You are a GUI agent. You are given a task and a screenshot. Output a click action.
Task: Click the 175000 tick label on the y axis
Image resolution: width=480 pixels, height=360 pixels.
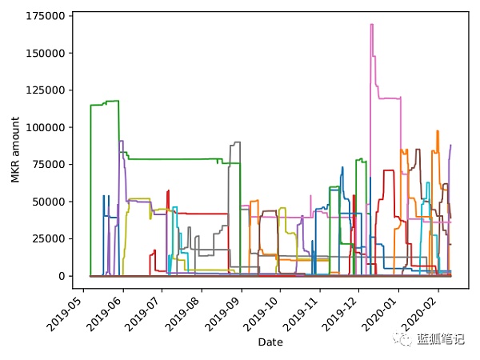point(46,16)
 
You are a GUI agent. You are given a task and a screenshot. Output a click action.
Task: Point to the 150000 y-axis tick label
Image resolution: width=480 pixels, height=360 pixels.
point(46,53)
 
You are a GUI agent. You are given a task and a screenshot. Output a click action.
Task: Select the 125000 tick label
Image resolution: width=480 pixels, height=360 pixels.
point(46,90)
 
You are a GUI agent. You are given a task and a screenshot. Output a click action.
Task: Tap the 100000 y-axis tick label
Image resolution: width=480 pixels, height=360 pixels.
point(46,127)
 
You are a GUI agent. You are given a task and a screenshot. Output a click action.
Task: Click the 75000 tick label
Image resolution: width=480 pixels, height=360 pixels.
point(49,164)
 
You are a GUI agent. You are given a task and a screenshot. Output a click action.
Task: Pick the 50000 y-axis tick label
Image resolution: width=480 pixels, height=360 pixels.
point(49,202)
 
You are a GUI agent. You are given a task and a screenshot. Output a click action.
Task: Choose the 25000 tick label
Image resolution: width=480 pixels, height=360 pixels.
point(49,238)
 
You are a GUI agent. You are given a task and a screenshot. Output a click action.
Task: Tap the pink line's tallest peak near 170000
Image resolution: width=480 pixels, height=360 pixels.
point(372,25)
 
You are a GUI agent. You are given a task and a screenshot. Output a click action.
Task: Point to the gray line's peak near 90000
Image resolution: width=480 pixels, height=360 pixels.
point(235,143)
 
